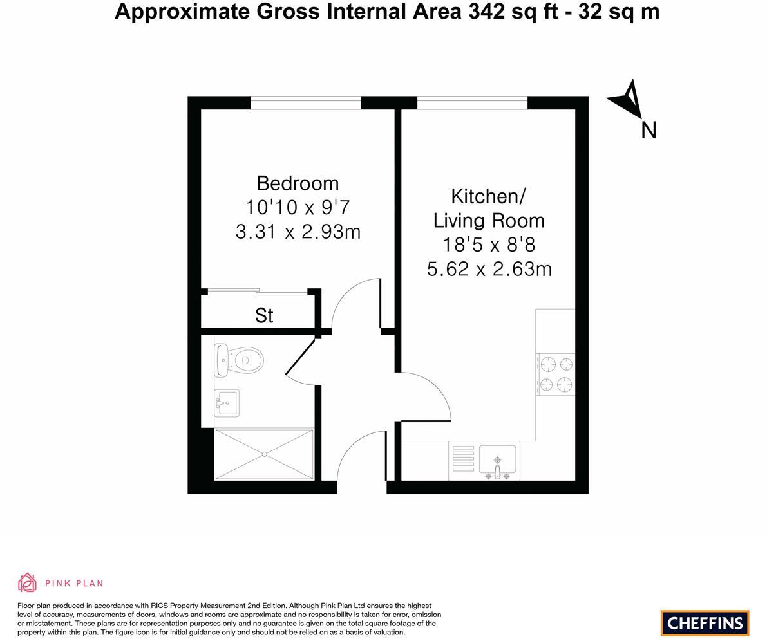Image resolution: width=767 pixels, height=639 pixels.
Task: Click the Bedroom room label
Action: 298,183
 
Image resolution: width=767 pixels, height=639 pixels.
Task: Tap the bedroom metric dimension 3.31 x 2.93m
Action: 298,232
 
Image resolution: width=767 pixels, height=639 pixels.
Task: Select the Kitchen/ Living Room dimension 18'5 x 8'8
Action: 489,245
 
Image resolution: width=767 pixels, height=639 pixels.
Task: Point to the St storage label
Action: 264,315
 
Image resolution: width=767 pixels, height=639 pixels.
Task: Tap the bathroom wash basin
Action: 226,403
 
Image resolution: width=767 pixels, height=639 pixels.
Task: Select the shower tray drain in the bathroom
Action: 264,454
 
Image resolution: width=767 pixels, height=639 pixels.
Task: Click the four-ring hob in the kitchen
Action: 556,375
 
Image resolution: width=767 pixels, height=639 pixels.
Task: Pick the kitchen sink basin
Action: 497,459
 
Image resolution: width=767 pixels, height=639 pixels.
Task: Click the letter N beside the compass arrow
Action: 649,131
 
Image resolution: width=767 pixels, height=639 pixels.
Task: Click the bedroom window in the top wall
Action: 305,103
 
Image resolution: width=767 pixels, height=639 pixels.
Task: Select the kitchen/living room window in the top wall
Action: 472,103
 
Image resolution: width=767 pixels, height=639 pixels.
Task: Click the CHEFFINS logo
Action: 705,623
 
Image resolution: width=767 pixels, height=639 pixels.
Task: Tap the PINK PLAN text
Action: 74,584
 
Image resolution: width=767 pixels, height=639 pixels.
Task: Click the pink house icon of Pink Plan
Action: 28,582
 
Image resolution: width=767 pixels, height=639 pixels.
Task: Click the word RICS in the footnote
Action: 160,606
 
